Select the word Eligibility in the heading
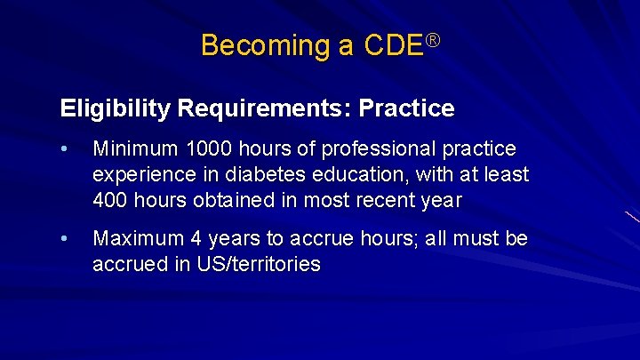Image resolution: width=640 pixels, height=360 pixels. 116,109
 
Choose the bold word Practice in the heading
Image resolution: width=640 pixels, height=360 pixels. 406,109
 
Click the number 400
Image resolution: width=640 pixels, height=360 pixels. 110,200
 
